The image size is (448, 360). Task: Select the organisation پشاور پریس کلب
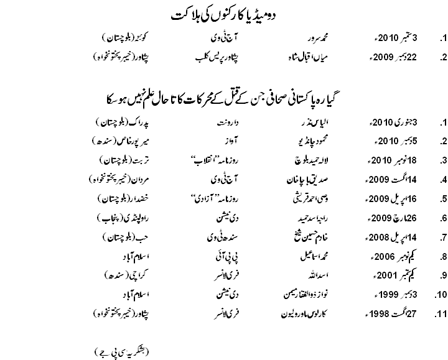click(x=215, y=58)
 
